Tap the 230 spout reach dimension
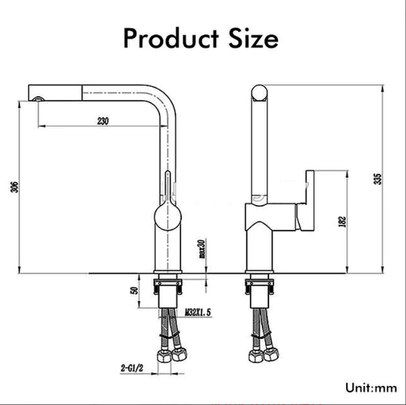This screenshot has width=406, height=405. [x=102, y=121]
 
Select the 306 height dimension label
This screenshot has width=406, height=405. [x=14, y=188]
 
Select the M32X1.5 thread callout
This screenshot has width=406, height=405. [x=198, y=313]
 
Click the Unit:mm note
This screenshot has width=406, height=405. [x=371, y=387]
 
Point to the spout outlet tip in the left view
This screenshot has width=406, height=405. [x=38, y=97]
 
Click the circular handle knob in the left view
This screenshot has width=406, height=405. [x=168, y=216]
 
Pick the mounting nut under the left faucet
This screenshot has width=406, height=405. [x=168, y=284]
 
